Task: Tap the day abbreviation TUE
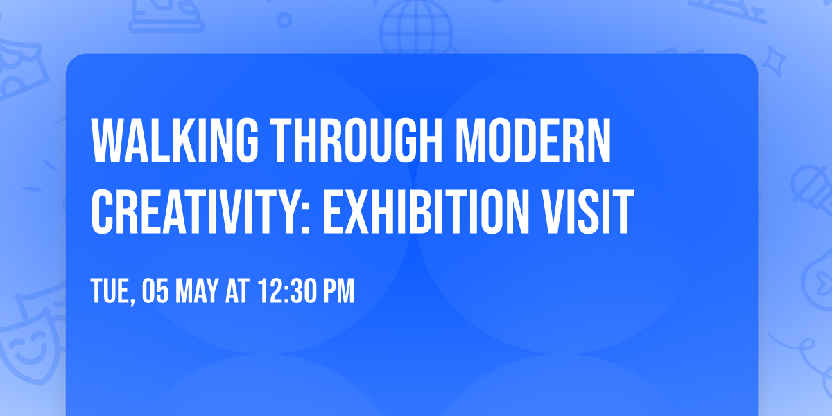(x=110, y=292)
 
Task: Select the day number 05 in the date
(x=152, y=292)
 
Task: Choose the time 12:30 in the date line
(x=288, y=292)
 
